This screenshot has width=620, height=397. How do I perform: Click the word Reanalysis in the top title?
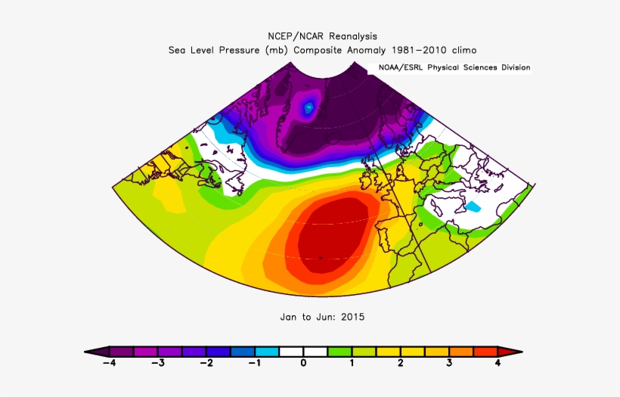click(349, 36)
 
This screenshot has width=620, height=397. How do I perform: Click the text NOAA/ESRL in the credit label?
click(401, 67)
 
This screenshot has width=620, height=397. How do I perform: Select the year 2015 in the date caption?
click(352, 317)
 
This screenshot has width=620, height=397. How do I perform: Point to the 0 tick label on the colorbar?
click(303, 364)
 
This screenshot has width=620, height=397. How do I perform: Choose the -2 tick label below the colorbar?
click(206, 364)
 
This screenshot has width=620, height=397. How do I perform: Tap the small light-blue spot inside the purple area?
click(308, 109)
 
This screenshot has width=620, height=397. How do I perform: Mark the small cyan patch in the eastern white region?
click(473, 206)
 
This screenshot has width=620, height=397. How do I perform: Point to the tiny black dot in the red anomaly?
click(320, 258)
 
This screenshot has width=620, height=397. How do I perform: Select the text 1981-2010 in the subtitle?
click(417, 50)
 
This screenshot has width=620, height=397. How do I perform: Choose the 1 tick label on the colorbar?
click(352, 364)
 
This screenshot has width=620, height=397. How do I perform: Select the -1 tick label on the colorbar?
click(254, 364)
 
